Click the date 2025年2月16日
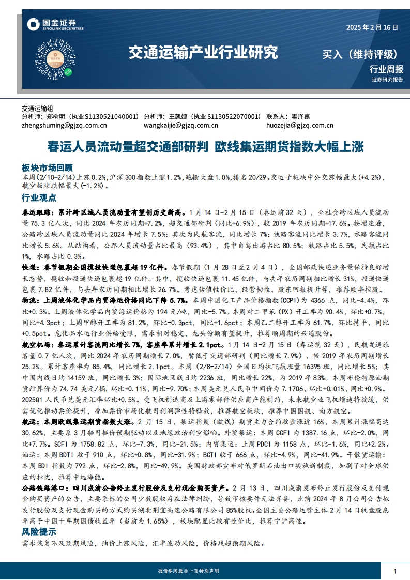(x=372, y=27)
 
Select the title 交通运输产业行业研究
(x=203, y=52)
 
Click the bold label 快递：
(x=33, y=267)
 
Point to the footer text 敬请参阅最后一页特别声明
(x=188, y=570)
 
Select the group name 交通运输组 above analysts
(x=38, y=109)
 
